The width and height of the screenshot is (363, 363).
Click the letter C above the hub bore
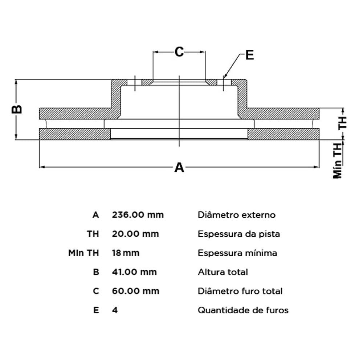tap(179, 52)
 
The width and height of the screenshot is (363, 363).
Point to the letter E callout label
tap(249, 55)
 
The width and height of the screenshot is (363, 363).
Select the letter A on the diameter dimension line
tap(179, 168)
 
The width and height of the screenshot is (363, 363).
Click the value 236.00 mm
tap(138, 215)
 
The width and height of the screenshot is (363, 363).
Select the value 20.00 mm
tap(135, 234)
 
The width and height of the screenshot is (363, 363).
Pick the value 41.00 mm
tap(134, 272)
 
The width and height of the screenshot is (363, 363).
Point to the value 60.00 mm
tap(135, 291)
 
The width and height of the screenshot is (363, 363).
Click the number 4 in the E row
tap(115, 310)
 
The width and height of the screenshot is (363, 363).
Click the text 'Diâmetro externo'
tap(236, 215)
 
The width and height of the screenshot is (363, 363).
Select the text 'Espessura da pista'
tap(238, 234)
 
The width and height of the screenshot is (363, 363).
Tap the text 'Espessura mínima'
tap(237, 253)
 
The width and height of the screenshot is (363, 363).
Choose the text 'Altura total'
tap(223, 272)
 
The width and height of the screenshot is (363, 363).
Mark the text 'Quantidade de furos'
tap(243, 310)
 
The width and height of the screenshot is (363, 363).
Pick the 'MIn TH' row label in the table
tap(83, 253)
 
